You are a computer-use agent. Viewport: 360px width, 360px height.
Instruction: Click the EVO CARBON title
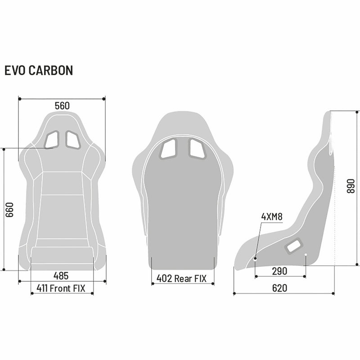pyautogui.click(x=39, y=70)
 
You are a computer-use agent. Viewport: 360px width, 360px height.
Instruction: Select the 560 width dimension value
pyautogui.click(x=62, y=106)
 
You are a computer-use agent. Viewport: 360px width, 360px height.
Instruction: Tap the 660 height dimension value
pyautogui.click(x=9, y=210)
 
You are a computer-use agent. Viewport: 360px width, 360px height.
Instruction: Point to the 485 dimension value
pyautogui.click(x=61, y=276)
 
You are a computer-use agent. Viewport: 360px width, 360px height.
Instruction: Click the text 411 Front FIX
pyautogui.click(x=61, y=288)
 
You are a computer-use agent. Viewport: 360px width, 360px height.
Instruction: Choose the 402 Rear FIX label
pyautogui.click(x=181, y=279)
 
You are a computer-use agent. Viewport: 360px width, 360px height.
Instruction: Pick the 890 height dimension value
pyautogui.click(x=351, y=186)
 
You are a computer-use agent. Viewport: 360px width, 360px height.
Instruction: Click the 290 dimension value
pyautogui.click(x=279, y=271)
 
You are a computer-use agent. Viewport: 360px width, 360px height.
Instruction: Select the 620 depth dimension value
pyautogui.click(x=279, y=288)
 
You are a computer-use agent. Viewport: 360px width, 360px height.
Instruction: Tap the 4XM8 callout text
pyautogui.click(x=272, y=216)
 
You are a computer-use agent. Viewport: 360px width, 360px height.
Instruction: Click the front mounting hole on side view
pyautogui.click(x=255, y=259)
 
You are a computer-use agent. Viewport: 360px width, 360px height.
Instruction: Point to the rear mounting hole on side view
pyautogui.click(x=306, y=255)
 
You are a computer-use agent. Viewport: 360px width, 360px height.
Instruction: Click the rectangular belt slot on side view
pyautogui.click(x=294, y=246)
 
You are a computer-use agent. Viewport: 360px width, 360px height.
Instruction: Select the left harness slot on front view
pyautogui.click(x=52, y=140)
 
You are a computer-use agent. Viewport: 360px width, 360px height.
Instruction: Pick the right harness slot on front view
pyautogui.click(x=73, y=140)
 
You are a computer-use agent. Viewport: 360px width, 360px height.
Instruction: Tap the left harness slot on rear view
pyautogui.click(x=169, y=149)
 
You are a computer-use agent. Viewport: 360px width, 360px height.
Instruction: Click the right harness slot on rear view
pyautogui.click(x=197, y=149)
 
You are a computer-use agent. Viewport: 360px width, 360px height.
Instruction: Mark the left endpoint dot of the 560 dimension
pyautogui.click(x=20, y=99)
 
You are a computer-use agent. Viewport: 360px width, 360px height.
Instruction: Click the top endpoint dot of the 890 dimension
pyautogui.click(x=357, y=112)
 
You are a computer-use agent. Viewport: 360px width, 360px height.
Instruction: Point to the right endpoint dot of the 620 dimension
pyautogui.click(x=333, y=293)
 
